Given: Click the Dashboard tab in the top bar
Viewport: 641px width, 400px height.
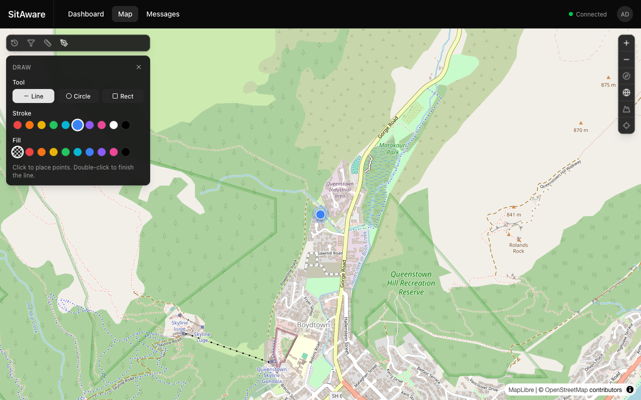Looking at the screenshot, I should (x=86, y=14).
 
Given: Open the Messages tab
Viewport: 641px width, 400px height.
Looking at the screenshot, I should (x=163, y=14).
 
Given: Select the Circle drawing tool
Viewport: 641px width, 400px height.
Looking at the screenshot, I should (x=78, y=96).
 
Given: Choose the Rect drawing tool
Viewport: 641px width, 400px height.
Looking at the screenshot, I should (x=123, y=96).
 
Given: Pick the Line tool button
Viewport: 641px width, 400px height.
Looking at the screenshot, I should (x=34, y=96).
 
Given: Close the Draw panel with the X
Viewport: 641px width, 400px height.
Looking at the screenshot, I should (x=139, y=67).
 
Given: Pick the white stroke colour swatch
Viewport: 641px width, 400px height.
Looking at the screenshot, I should (x=114, y=125).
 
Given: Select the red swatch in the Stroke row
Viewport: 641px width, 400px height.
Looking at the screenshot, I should (x=18, y=125).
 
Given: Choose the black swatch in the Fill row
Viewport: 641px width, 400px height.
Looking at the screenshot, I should (x=126, y=152).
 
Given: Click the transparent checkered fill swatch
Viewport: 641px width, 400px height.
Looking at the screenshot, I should (x=18, y=152).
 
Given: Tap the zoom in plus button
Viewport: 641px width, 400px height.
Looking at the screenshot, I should (x=626, y=43).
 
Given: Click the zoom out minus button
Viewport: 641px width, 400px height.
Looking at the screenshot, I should (x=626, y=59).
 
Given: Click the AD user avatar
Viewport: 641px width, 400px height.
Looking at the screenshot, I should (x=625, y=14).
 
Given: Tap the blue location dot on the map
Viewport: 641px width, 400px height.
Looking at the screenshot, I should (x=320, y=214).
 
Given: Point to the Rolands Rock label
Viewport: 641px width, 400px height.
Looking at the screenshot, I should (x=518, y=248).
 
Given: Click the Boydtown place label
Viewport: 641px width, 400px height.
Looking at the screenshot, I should (x=313, y=325).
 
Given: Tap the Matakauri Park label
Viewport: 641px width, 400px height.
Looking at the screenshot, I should (x=389, y=148).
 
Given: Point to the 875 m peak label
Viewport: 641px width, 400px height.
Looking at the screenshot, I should (x=608, y=85).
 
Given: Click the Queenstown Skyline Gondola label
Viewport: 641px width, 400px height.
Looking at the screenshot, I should (x=272, y=375).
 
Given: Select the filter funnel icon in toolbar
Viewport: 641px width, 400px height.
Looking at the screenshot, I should (x=31, y=43).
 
